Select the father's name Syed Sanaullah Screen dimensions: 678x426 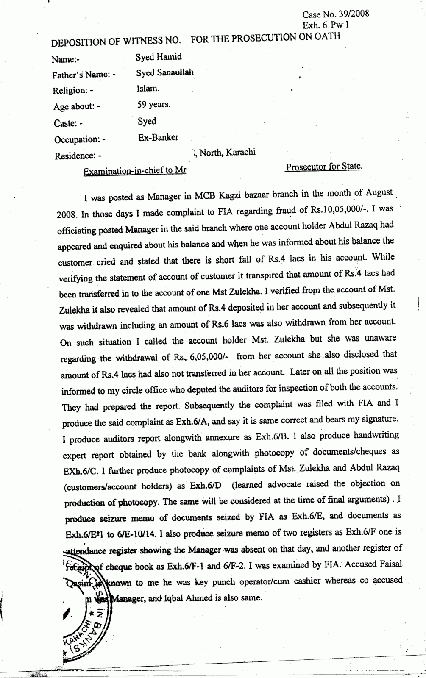(165, 72)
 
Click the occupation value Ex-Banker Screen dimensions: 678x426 (158, 137)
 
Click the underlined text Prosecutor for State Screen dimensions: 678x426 (324, 167)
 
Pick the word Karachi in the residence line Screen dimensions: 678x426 (240, 153)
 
